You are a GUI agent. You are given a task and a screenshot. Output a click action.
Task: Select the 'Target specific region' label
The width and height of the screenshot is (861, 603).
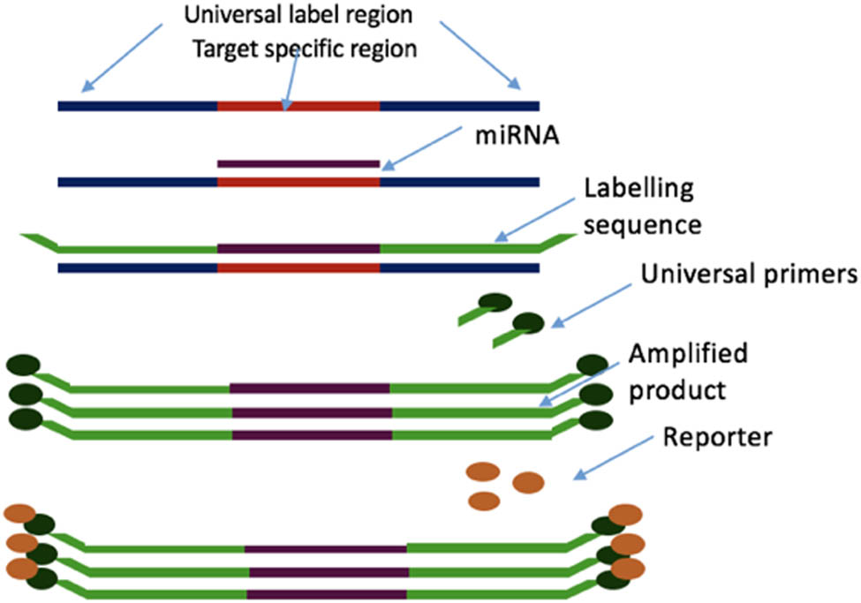click(305, 49)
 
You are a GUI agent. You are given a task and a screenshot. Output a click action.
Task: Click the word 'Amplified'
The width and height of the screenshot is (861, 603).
click(688, 354)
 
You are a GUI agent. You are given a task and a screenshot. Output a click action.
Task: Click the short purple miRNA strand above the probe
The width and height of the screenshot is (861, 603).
click(298, 163)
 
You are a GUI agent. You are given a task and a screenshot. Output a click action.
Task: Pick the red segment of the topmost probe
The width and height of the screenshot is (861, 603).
click(298, 106)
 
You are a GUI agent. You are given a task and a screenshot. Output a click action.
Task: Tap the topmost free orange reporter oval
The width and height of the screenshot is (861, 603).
click(484, 471)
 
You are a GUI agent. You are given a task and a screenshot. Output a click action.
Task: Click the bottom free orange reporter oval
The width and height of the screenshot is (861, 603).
click(484, 501)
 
